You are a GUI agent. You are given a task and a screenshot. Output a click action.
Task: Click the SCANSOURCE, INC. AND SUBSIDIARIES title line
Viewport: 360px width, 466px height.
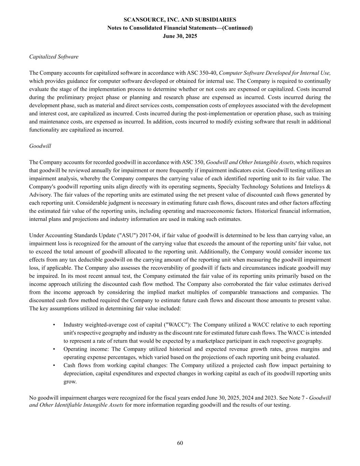(x=180, y=20)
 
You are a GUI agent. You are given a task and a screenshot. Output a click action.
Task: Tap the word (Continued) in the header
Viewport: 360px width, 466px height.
(x=237, y=28)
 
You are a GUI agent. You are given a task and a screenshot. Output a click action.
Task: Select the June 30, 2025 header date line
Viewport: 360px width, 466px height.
(x=180, y=36)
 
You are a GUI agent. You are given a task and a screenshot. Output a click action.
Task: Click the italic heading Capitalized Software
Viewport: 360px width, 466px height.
(x=54, y=57)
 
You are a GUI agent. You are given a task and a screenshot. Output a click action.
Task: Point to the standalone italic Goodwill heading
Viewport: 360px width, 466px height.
(x=40, y=146)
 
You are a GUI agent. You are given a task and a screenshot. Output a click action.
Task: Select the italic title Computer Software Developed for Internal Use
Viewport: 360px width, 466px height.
(x=275, y=73)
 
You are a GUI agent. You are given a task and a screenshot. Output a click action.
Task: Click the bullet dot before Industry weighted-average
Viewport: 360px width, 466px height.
(x=54, y=325)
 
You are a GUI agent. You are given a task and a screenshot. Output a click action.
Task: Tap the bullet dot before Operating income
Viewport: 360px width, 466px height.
(x=54, y=349)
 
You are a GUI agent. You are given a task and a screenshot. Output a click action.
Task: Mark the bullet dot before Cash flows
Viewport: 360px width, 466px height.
(x=54, y=365)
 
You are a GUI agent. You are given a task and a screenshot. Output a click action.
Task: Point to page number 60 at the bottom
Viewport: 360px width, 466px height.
(x=180, y=443)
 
